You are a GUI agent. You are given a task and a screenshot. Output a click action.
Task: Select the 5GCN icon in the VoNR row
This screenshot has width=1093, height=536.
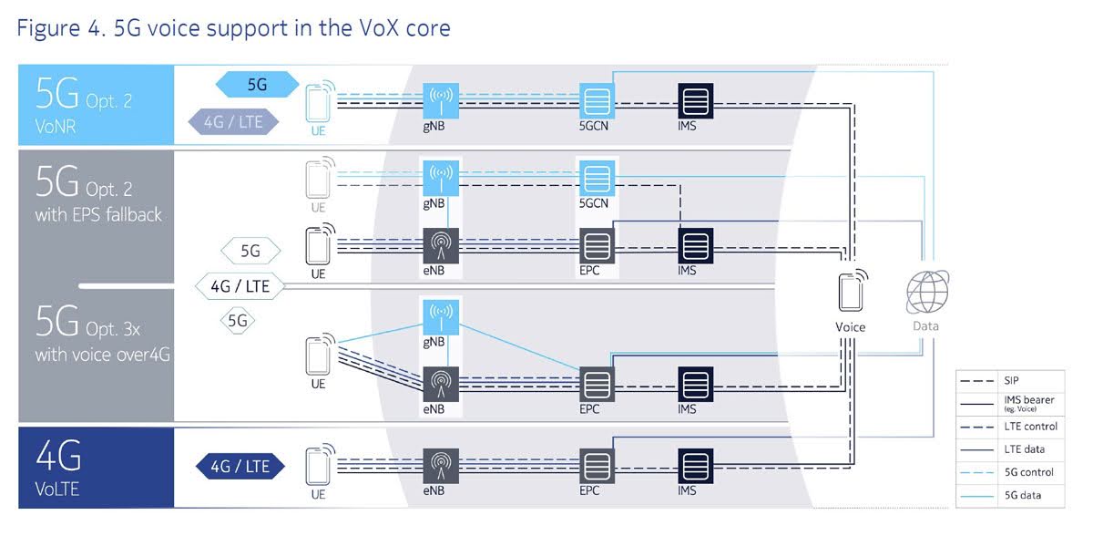pyautogui.click(x=597, y=99)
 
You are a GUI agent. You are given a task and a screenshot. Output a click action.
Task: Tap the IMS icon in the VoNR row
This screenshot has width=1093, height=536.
pyautogui.click(x=695, y=99)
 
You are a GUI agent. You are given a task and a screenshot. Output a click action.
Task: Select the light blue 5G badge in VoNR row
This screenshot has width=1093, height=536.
pyautogui.click(x=258, y=85)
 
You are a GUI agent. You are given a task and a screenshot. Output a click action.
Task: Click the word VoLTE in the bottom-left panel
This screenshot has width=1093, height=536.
pyautogui.click(x=57, y=489)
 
